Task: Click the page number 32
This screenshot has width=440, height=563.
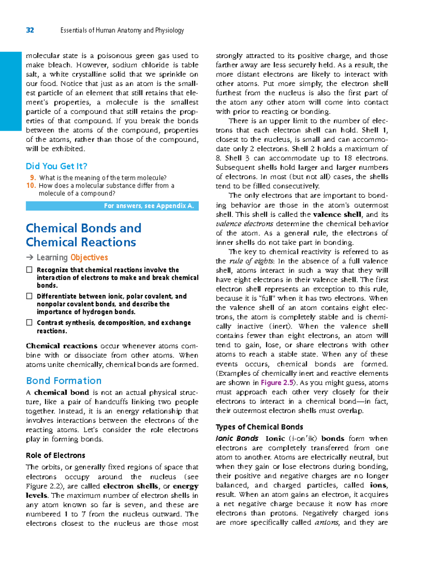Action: (x=30, y=30)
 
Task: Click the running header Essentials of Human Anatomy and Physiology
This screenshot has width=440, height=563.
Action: (x=122, y=30)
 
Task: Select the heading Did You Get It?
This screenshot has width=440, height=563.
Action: (x=56, y=166)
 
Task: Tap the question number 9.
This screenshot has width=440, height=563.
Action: (x=33, y=178)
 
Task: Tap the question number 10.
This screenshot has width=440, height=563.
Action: (x=31, y=185)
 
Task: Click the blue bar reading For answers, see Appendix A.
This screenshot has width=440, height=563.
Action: (x=112, y=206)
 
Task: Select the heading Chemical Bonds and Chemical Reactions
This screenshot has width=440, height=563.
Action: (x=83, y=235)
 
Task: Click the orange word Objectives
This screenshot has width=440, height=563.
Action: (x=89, y=258)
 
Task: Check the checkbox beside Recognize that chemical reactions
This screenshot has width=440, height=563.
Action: (x=29, y=270)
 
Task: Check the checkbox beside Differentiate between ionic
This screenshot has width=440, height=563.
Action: (x=29, y=296)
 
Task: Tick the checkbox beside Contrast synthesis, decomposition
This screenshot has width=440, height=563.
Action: (x=29, y=323)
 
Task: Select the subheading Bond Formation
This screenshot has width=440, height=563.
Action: (x=64, y=381)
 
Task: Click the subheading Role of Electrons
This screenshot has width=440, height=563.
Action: (x=55, y=456)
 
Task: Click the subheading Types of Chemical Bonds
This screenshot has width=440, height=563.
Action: (x=259, y=427)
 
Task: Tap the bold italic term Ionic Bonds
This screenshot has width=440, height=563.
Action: (x=237, y=439)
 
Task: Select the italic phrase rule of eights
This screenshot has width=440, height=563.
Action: (x=252, y=261)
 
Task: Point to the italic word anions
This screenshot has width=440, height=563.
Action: (x=326, y=523)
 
